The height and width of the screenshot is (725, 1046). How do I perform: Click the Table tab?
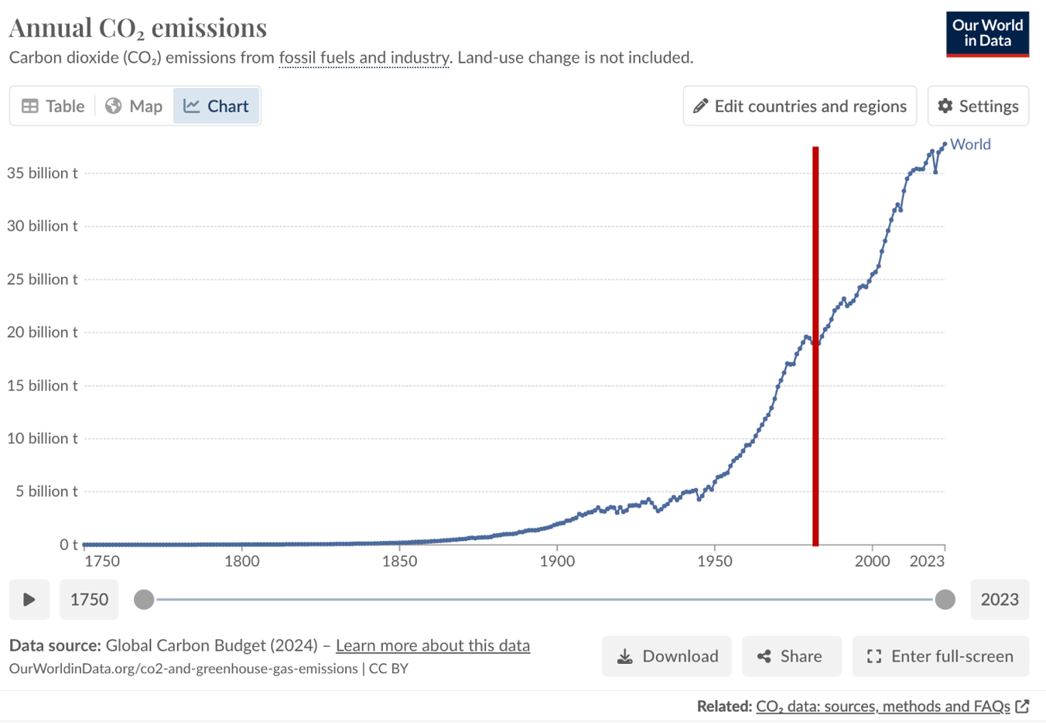point(53,106)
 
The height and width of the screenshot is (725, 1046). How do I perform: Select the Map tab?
point(134,106)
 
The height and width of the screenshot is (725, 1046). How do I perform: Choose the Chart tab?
point(217,106)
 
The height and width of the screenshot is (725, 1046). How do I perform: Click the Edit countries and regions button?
point(799,106)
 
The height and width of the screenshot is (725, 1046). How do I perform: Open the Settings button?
point(978,106)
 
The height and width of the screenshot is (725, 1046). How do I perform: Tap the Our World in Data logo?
point(987,34)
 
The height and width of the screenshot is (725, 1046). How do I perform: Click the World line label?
point(970,145)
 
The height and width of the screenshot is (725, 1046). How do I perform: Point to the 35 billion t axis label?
point(43,173)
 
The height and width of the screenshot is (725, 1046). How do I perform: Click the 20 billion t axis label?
point(43,332)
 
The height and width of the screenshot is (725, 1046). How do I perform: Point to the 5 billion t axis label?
point(46,491)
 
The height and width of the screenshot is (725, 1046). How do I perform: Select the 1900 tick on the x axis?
point(557,561)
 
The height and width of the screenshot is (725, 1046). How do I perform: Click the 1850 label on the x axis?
point(399,561)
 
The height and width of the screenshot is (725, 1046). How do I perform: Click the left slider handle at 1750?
point(144,600)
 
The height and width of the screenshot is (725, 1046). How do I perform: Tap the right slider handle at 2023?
point(945,600)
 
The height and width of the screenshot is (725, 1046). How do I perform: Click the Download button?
point(667,656)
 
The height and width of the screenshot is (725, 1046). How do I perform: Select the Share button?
point(791,656)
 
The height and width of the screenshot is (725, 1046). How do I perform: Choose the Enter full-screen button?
point(940,656)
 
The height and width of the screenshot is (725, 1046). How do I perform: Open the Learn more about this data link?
point(432,645)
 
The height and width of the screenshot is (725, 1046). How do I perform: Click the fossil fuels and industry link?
point(364,58)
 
